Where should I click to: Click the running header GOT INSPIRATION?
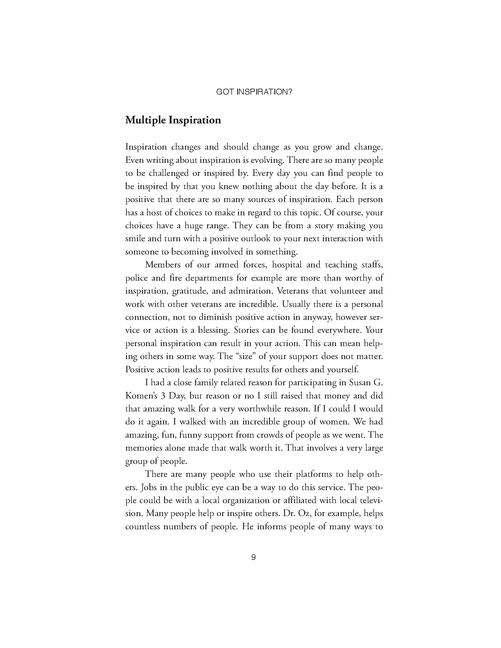tap(254, 92)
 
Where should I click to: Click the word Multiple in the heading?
tap(145, 120)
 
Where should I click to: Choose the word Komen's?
tap(141, 396)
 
